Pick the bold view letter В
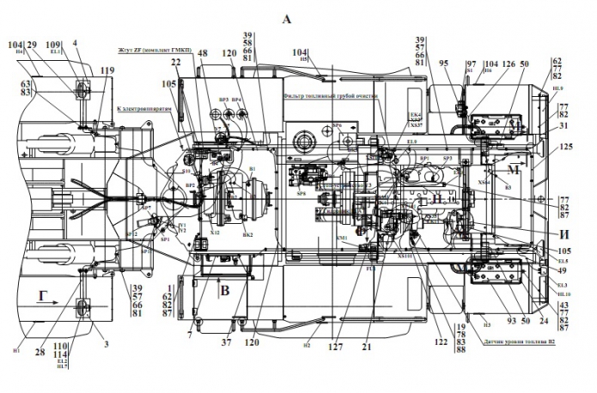pyautogui.click(x=224, y=290)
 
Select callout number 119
pyautogui.click(x=107, y=71)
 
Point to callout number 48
pyautogui.click(x=203, y=53)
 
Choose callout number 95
pyautogui.click(x=444, y=63)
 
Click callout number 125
pyautogui.click(x=566, y=148)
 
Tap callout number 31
pyautogui.click(x=563, y=125)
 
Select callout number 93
pyautogui.click(x=511, y=320)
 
